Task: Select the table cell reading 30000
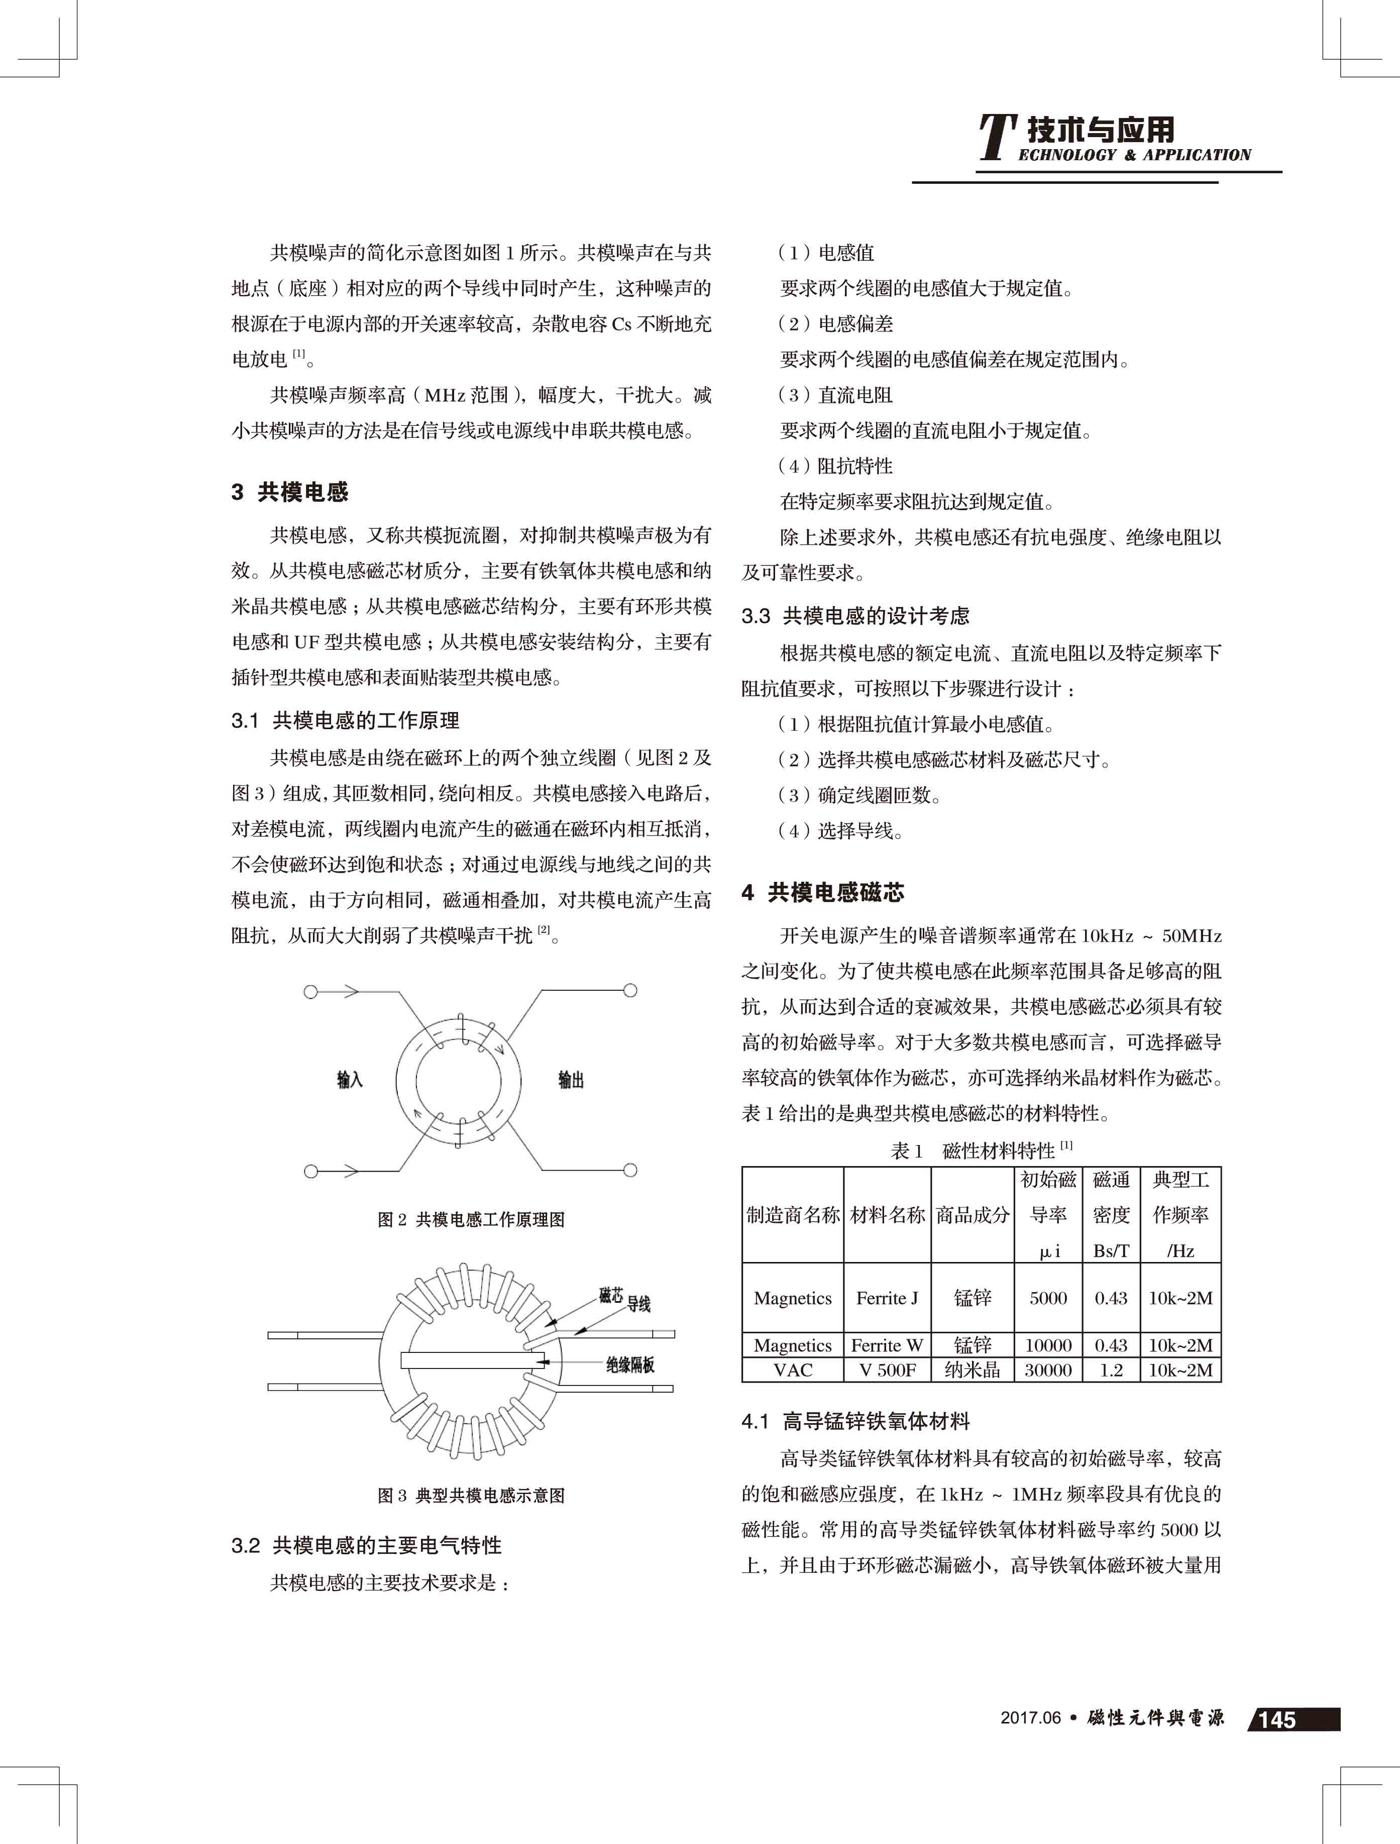[x=1048, y=1369]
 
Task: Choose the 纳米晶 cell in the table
[x=972, y=1369]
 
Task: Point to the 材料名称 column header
[x=887, y=1215]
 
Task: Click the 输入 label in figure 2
[x=350, y=1080]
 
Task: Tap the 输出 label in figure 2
[x=571, y=1080]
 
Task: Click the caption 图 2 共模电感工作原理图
[x=471, y=1220]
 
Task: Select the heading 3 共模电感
[x=290, y=492]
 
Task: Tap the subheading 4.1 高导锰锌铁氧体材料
[x=855, y=1421]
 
